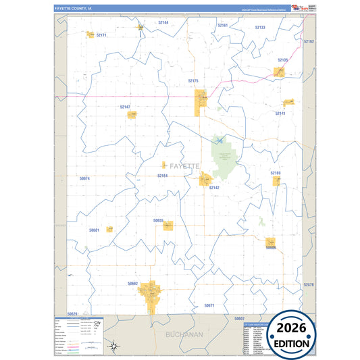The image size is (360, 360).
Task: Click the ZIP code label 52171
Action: click(101, 34)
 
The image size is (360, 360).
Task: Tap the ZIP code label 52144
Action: click(163, 22)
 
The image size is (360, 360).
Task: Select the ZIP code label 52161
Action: click(222, 25)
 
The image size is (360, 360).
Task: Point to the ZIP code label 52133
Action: click(260, 27)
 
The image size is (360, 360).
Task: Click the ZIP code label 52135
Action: click(282, 60)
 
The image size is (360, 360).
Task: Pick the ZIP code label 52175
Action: click(193, 80)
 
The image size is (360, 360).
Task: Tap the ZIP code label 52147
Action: click(126, 107)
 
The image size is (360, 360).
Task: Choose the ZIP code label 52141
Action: click(280, 113)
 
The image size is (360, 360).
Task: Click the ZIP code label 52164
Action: click(162, 176)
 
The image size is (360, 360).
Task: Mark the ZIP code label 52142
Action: click(214, 188)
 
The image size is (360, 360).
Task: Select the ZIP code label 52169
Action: click(276, 173)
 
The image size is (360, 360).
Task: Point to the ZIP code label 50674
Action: click(84, 178)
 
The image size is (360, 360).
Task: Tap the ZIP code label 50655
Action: click(158, 220)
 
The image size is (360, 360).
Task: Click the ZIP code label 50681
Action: click(94, 230)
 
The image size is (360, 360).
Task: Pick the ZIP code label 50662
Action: click(132, 284)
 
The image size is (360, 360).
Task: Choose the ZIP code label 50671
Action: click(209, 305)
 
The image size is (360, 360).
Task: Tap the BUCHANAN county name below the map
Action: click(184, 334)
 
